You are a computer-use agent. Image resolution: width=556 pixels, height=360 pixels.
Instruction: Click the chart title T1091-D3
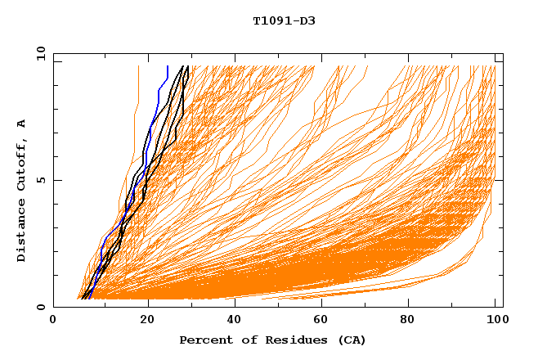coord(284,20)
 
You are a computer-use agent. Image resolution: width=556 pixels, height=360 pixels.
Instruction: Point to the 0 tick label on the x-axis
coord(53,321)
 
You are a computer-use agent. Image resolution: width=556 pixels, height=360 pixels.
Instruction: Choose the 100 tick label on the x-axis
coord(495,321)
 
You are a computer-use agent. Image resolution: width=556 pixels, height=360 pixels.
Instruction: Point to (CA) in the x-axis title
coord(349,340)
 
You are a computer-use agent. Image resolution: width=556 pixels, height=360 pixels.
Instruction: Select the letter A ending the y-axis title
coord(22,124)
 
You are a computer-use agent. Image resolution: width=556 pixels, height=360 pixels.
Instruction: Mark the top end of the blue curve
coord(168,67)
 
